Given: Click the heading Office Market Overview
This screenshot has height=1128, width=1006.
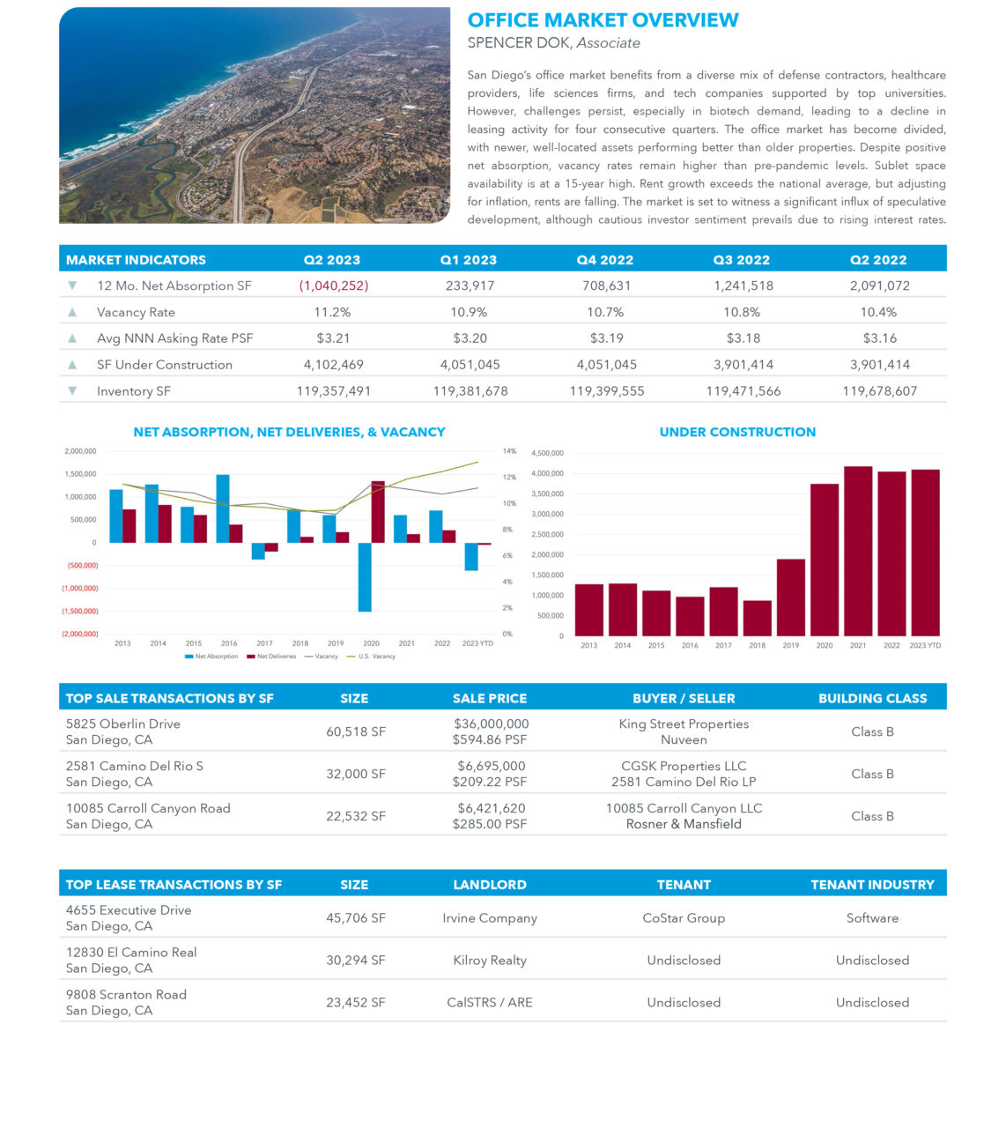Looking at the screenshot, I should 603,20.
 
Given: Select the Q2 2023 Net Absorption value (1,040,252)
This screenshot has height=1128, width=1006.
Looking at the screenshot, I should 333,286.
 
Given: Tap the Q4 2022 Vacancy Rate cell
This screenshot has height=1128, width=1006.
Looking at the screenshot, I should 606,312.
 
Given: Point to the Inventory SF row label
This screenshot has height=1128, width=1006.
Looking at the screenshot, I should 134,390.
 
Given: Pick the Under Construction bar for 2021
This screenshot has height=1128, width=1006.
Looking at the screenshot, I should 858,551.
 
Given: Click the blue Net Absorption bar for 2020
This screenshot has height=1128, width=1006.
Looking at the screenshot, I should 365,576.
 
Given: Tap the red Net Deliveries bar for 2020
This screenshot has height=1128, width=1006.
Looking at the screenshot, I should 378,512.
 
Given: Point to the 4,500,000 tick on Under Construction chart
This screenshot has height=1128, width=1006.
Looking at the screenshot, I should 547,453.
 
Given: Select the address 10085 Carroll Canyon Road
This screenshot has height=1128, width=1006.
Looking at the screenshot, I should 148,808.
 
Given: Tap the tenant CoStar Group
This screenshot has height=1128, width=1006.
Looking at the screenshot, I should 684,917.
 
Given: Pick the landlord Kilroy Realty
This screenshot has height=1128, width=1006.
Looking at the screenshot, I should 490,960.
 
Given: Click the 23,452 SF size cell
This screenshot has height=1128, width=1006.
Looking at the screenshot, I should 355,1002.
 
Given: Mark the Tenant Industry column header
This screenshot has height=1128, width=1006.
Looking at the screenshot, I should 872,885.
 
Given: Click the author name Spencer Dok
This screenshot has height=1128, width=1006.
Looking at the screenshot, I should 520,43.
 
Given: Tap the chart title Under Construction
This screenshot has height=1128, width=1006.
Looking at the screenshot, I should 737,432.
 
